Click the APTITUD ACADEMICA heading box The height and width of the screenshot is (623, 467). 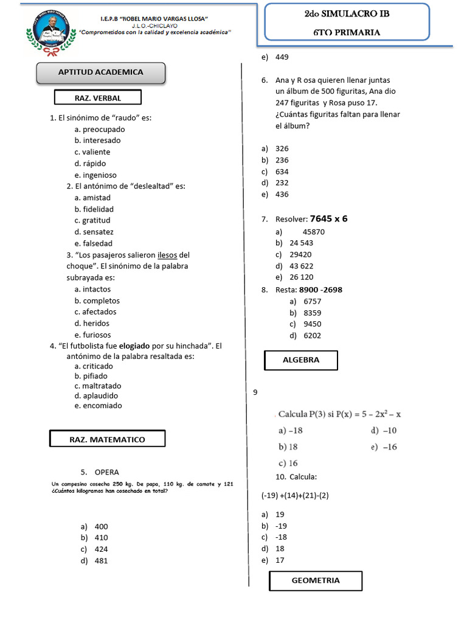click(x=101, y=72)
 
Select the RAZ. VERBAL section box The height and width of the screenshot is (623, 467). click(x=98, y=97)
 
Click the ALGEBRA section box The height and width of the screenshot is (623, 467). click(x=301, y=360)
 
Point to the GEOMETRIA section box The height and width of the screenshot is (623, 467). click(x=316, y=580)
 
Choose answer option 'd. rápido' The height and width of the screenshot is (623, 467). click(x=90, y=164)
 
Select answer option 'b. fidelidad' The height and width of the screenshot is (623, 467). click(x=94, y=209)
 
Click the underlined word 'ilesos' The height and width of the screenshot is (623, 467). click(x=168, y=255)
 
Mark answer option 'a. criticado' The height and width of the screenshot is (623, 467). click(x=94, y=366)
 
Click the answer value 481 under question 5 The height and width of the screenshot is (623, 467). click(x=101, y=561)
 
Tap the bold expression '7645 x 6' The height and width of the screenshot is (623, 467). click(x=328, y=219)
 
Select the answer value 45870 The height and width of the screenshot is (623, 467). click(x=313, y=232)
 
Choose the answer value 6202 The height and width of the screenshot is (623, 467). click(x=313, y=335)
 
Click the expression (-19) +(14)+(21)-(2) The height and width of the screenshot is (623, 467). click(x=296, y=495)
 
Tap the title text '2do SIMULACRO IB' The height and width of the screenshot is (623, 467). click(x=347, y=13)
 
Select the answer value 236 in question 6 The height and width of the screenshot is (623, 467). click(x=282, y=160)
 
